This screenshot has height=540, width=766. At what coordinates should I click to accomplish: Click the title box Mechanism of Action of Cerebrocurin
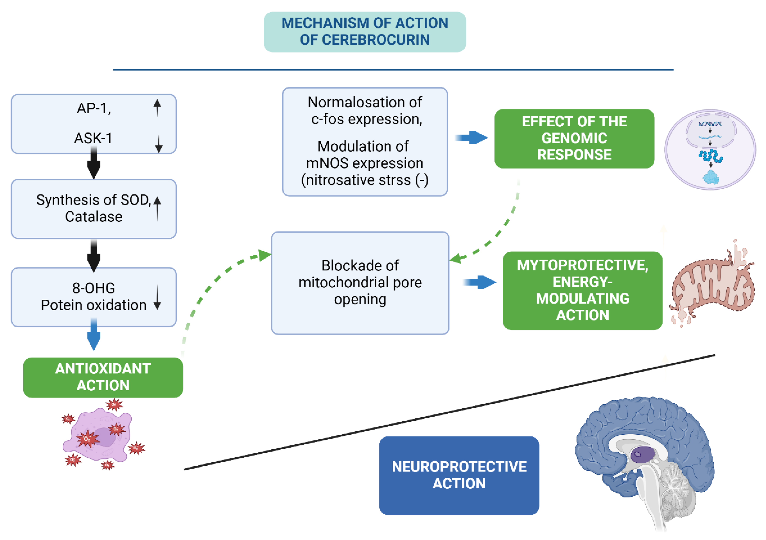[x=365, y=32]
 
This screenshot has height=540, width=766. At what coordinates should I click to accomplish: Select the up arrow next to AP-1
[x=157, y=108]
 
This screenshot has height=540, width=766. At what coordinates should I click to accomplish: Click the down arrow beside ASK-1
[x=159, y=144]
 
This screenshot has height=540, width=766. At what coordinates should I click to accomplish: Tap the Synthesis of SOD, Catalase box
[x=94, y=209]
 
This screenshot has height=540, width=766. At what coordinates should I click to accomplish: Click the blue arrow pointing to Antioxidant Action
[x=94, y=335]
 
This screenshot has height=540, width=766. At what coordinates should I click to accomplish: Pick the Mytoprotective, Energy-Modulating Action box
[x=582, y=290]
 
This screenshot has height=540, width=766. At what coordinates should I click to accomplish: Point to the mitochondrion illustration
[x=712, y=286]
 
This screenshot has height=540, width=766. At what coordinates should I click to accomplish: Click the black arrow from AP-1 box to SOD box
[x=94, y=164]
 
